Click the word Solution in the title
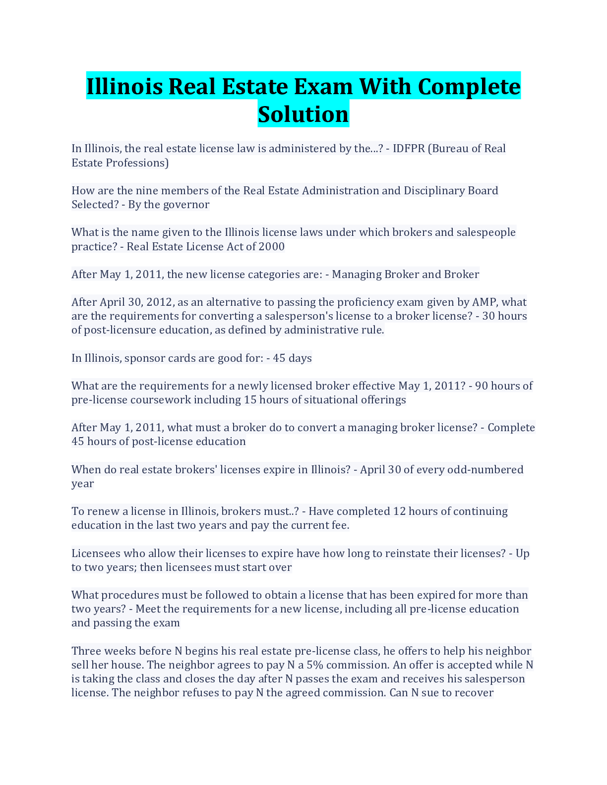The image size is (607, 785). (303, 114)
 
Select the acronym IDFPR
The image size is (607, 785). (408, 149)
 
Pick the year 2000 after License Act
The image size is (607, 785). (271, 247)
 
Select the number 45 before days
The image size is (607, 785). (279, 358)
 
